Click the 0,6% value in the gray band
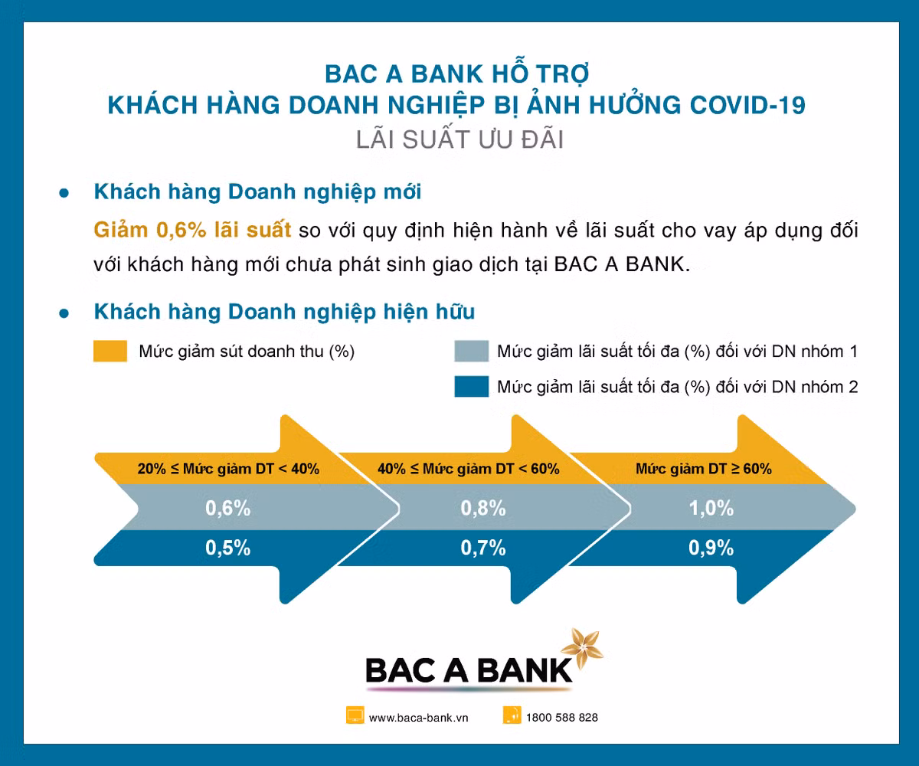[x=227, y=508]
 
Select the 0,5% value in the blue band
[x=227, y=548]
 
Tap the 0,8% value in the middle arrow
[x=483, y=508]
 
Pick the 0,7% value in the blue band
[x=483, y=548]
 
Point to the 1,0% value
[x=711, y=508]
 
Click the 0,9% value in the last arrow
[x=711, y=548]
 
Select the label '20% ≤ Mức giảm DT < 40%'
[x=228, y=469]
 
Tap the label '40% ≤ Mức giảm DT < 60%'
[x=469, y=469]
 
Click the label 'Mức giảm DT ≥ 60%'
[x=704, y=469]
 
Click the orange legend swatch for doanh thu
[x=110, y=352]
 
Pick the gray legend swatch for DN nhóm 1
[x=471, y=352]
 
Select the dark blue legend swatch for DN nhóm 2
[x=471, y=387]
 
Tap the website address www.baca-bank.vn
[x=418, y=718]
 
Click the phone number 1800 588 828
[x=562, y=718]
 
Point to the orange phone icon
[x=512, y=716]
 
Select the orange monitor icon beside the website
[x=355, y=716]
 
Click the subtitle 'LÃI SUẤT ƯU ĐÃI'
[x=459, y=141]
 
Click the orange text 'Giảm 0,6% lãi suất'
[x=192, y=229]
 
